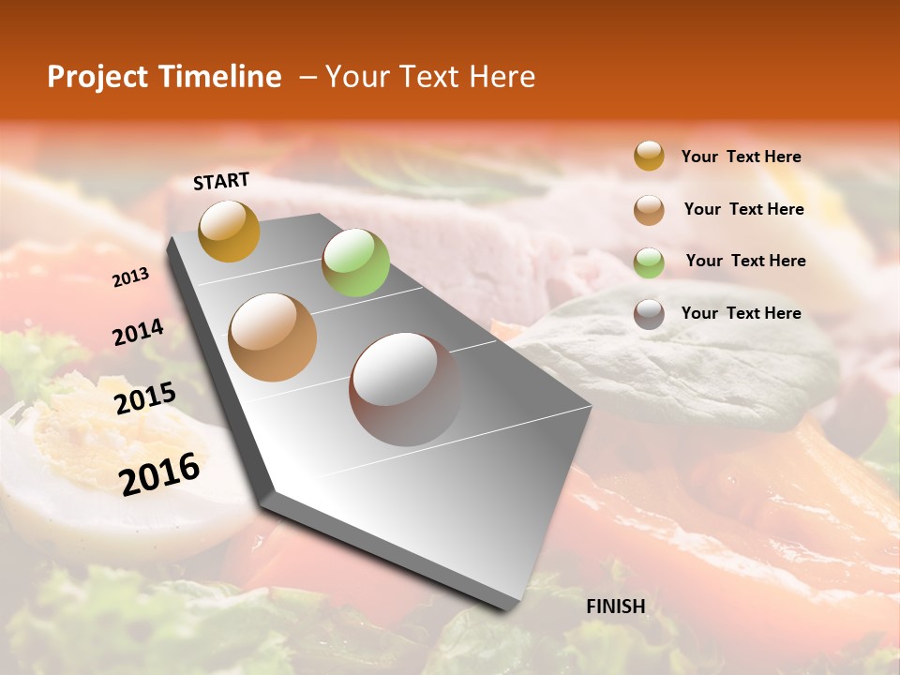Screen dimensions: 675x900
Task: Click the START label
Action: [221, 181]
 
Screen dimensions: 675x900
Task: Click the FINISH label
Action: [615, 607]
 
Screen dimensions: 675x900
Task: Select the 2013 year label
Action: [130, 277]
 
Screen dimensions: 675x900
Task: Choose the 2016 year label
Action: [159, 473]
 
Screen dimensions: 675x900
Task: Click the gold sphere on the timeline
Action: [229, 231]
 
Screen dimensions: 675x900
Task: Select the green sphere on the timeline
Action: [355, 262]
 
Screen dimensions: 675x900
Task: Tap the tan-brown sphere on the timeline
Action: [273, 337]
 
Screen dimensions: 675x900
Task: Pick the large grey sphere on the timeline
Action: [405, 389]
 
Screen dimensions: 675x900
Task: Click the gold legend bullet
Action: [649, 157]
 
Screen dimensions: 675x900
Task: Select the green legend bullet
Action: [649, 262]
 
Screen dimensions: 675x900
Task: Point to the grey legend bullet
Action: [649, 314]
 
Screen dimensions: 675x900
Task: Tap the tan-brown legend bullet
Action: [649, 210]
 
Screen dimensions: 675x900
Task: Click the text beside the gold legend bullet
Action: [741, 157]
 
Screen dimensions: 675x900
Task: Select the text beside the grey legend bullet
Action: [741, 313]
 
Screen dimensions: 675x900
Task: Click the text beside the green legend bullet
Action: [745, 261]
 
